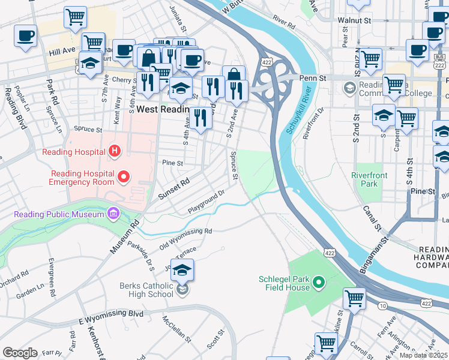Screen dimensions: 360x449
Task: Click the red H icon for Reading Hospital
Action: [113, 152]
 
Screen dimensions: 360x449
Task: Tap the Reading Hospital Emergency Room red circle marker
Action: [124, 176]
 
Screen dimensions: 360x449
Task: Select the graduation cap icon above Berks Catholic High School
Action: [182, 269]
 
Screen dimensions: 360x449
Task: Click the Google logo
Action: [20, 352]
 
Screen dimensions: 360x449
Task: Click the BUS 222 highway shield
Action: [439, 62]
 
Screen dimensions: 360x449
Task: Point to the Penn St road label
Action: [313, 78]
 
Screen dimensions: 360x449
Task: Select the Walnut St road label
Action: [352, 20]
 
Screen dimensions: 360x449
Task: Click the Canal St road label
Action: [372, 218]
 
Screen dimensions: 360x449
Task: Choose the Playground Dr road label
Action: [206, 201]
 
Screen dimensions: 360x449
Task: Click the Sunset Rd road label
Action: [173, 188]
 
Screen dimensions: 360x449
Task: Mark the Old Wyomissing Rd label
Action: [185, 239]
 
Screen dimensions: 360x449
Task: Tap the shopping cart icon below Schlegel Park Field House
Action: [354, 298]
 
